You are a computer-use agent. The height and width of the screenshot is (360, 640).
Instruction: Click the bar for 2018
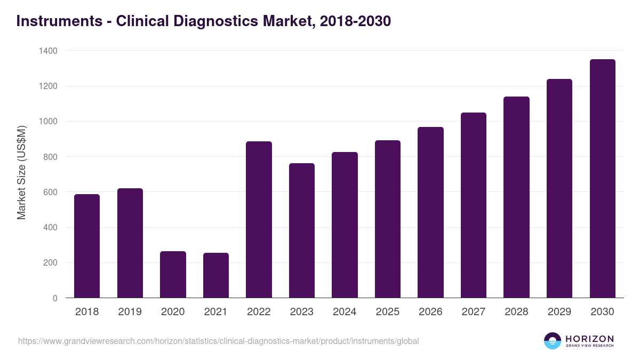click(87, 246)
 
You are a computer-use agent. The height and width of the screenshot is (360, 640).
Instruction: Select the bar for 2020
click(173, 275)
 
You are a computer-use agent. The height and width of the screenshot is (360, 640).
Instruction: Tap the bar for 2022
click(259, 219)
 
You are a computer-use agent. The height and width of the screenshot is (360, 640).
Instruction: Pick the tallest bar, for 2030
click(602, 179)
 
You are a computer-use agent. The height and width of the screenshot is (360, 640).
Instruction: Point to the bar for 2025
click(388, 219)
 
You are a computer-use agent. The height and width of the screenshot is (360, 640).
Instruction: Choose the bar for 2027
click(474, 205)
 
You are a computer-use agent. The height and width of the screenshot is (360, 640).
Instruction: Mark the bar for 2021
click(216, 275)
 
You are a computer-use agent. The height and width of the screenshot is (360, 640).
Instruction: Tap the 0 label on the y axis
click(55, 298)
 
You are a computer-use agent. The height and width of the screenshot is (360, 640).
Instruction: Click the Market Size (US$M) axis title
click(21, 172)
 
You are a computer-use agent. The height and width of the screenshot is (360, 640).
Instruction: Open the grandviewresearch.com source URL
click(219, 341)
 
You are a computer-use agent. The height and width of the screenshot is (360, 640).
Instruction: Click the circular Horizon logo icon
click(553, 341)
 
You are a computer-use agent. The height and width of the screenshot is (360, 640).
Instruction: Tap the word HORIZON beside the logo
click(589, 339)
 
